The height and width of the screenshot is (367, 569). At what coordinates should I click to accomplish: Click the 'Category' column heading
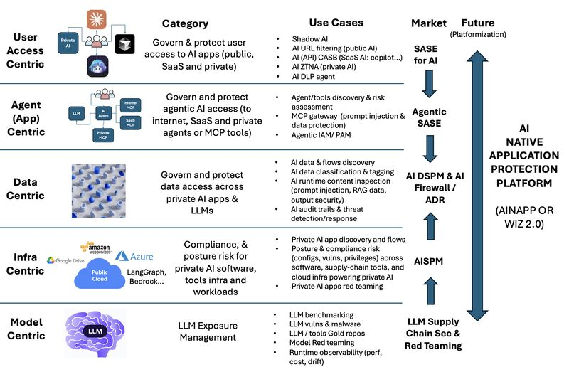point(185,24)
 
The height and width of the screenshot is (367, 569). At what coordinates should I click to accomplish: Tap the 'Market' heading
point(429,23)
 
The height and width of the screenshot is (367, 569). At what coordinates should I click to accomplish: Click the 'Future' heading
point(478,23)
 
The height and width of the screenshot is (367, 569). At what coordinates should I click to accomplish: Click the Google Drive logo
point(65,260)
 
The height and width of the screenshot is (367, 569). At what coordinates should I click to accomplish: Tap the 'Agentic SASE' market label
point(430,117)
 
